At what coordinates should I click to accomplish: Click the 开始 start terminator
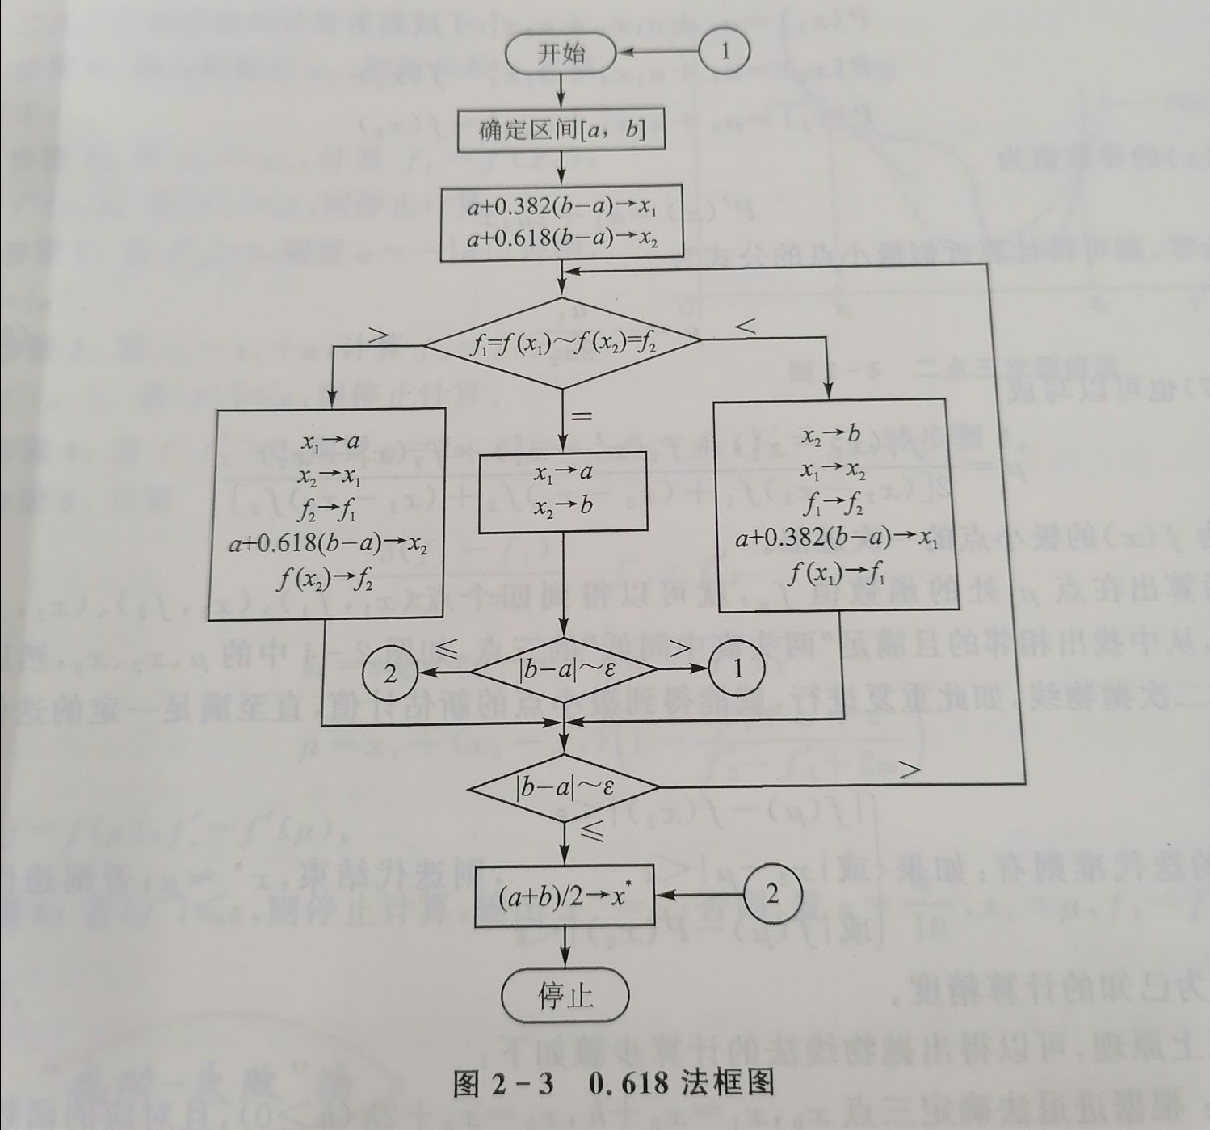(561, 54)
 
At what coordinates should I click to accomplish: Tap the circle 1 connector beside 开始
(724, 52)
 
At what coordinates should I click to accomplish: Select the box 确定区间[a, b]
(561, 131)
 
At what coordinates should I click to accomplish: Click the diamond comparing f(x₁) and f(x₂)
(563, 344)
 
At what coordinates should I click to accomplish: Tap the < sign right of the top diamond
(746, 327)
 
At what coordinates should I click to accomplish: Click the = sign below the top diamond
(582, 416)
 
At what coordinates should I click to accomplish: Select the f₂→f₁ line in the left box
(326, 511)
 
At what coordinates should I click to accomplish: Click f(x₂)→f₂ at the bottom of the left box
(326, 579)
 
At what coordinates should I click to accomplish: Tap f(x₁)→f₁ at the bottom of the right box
(835, 573)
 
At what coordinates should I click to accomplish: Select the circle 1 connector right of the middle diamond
(737, 669)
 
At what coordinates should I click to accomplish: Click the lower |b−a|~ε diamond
(565, 786)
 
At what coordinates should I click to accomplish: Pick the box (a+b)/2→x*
(564, 896)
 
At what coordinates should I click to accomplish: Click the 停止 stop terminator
(565, 995)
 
